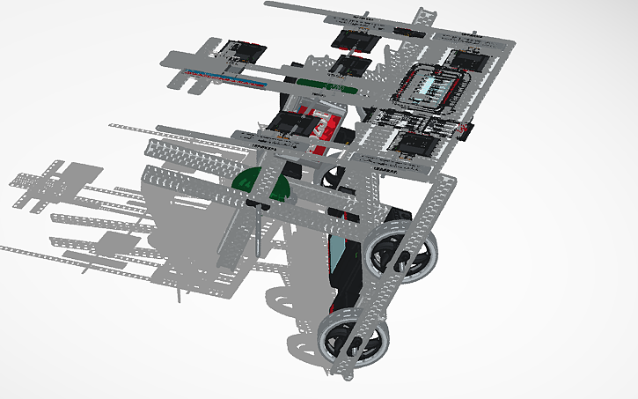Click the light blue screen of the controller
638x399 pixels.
pyautogui.click(x=438, y=86)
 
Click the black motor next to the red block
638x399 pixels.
pyautogui.click(x=290, y=123)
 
